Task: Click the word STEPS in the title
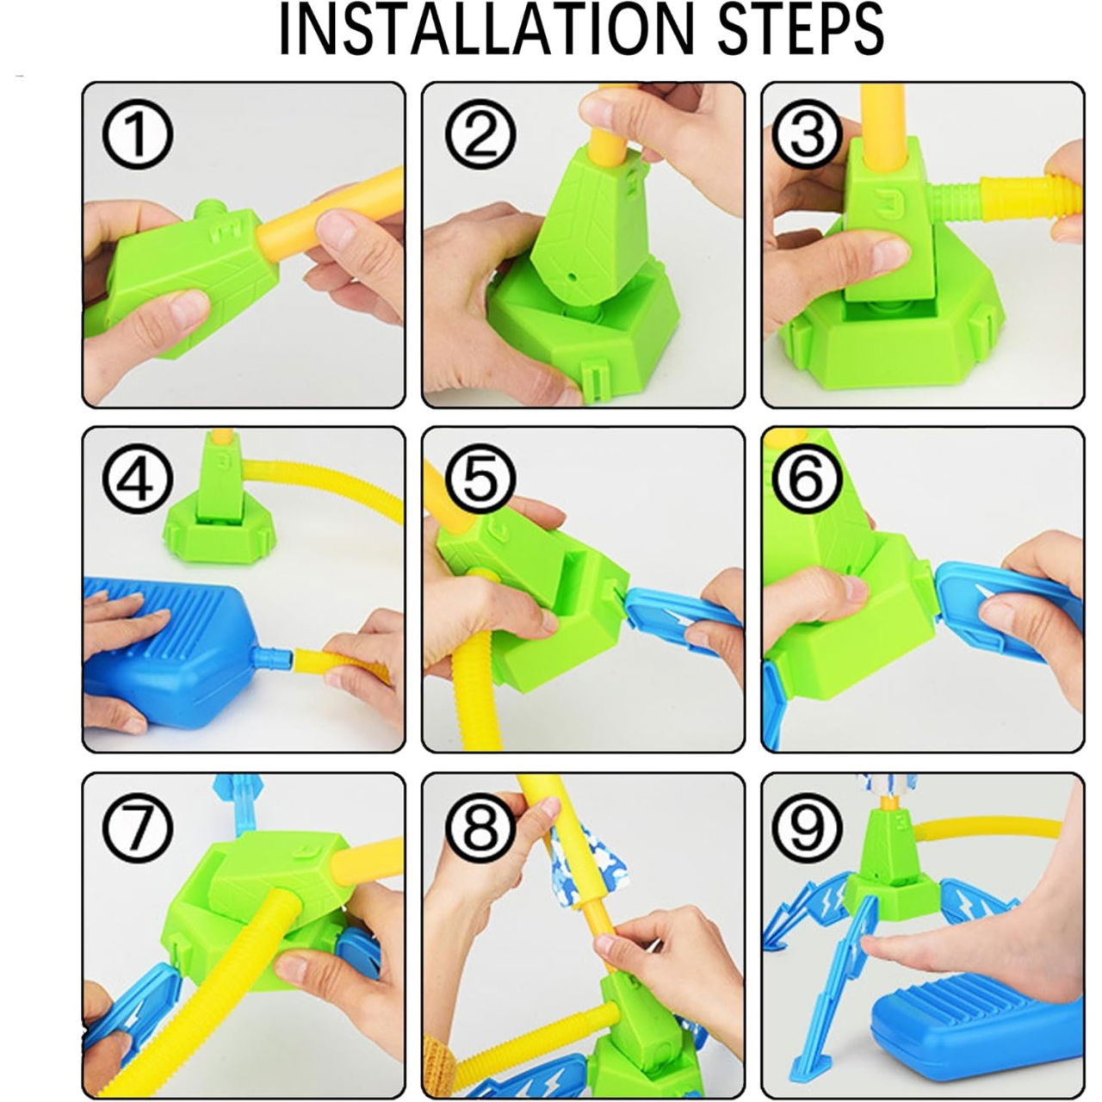[x=785, y=32]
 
